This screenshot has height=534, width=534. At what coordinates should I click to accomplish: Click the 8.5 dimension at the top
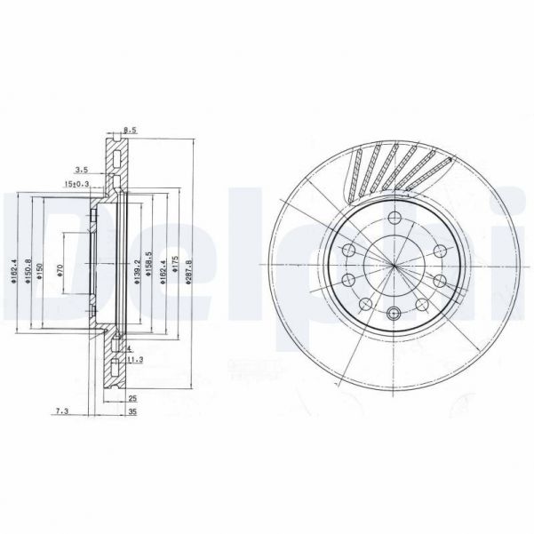[x=130, y=131]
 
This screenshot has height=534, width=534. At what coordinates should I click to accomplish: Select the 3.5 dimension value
[x=81, y=167]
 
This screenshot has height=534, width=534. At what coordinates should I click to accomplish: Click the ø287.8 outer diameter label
[x=188, y=268]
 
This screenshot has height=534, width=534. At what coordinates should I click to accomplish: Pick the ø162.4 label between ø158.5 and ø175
[x=163, y=267]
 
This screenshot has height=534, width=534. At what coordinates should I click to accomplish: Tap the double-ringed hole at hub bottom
[x=393, y=312]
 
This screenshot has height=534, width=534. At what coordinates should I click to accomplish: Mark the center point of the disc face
[x=393, y=264]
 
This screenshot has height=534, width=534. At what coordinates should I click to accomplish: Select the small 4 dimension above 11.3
[x=129, y=348]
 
